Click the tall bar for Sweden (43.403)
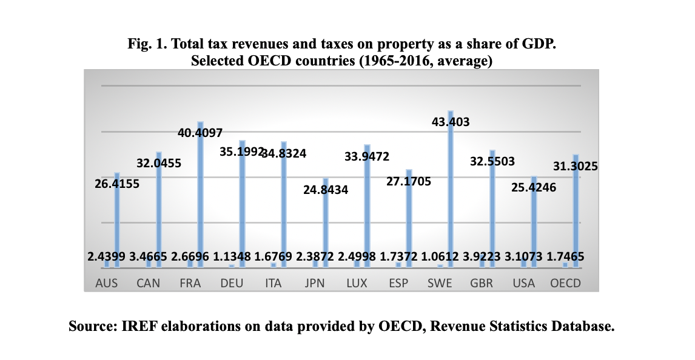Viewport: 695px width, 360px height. coord(451,188)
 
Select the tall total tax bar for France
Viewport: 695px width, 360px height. coord(200,194)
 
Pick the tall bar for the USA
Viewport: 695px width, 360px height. coord(534,221)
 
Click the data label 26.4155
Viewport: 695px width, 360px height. coord(116,184)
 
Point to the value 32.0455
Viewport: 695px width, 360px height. coord(159,163)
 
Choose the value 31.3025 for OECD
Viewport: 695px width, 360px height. coord(576,165)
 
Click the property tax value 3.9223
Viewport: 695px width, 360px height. coord(480,257)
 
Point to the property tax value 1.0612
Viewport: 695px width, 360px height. coord(438,257)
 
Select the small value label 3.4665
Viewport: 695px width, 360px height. coord(147,257)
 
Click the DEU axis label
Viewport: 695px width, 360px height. coord(232,283)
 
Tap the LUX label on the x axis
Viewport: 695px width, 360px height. coord(357,283)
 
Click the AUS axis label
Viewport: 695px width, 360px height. coord(107,283)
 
